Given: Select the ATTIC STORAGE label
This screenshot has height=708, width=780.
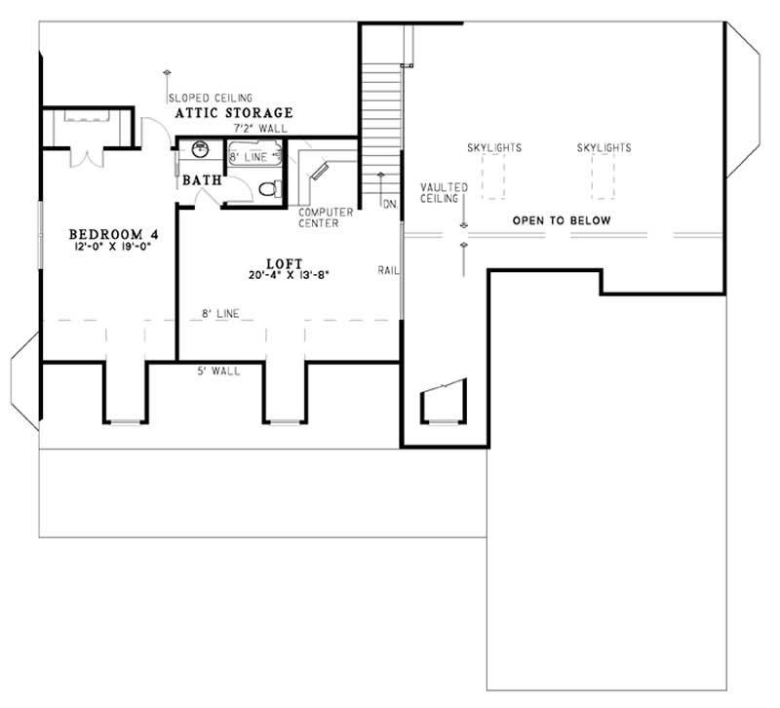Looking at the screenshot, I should coord(234,113).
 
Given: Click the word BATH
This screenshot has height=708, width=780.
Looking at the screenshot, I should coord(202,179).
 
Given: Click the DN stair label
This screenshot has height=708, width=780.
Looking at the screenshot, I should coord(388,205).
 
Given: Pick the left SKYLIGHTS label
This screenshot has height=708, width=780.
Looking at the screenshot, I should coord(494,148).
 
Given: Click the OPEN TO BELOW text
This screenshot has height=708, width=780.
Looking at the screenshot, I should coord(563,220).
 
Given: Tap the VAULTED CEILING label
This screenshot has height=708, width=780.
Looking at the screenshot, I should coord(445,192).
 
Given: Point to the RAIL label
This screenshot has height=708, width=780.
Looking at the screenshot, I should coord(387,269).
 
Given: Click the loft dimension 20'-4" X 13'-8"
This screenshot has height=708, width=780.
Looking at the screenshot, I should coord(290,276).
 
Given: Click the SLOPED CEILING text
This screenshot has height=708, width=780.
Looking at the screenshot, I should coord(211,98).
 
